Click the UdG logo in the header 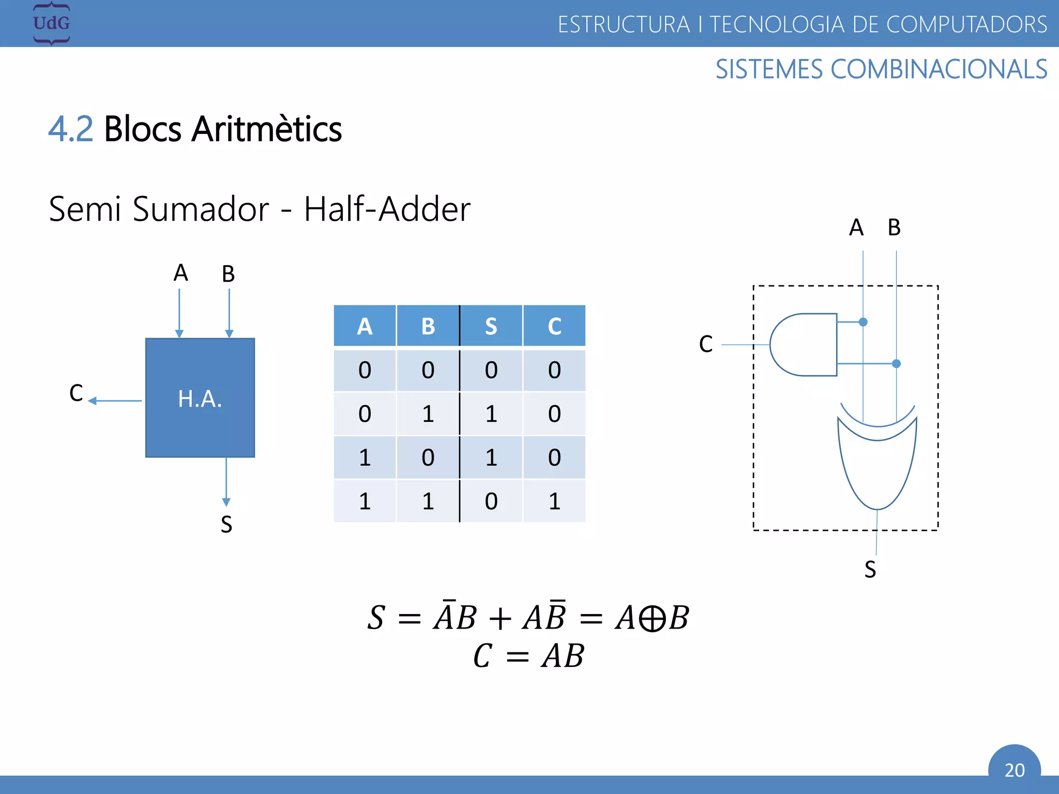pyautogui.click(x=51, y=23)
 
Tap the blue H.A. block pyautogui.click(x=200, y=398)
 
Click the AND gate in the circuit pyautogui.click(x=803, y=344)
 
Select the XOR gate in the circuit pyautogui.click(x=878, y=460)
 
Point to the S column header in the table pyautogui.click(x=491, y=326)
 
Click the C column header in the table pyautogui.click(x=554, y=326)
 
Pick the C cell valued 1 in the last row pyautogui.click(x=554, y=501)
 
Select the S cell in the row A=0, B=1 pyautogui.click(x=491, y=414)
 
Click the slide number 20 pyautogui.click(x=1014, y=770)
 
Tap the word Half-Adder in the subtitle pyautogui.click(x=387, y=209)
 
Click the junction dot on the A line pyautogui.click(x=863, y=322)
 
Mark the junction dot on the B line pyautogui.click(x=896, y=364)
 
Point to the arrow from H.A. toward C pyautogui.click(x=115, y=401)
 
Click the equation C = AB pyautogui.click(x=528, y=656)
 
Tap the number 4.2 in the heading pyautogui.click(x=71, y=129)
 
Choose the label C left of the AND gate pyautogui.click(x=706, y=344)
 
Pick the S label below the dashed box pyautogui.click(x=870, y=570)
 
